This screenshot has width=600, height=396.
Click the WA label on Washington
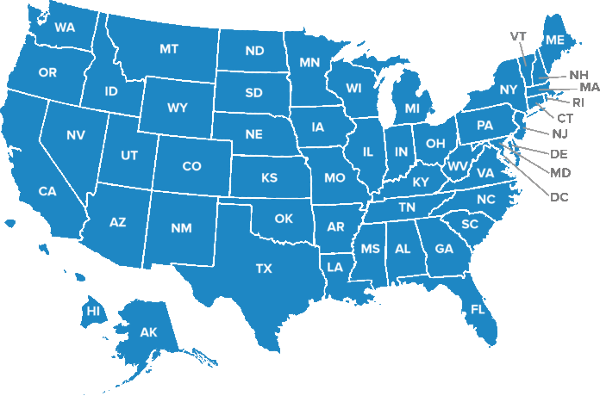click(x=65, y=28)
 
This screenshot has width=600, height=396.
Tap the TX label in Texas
click(x=264, y=269)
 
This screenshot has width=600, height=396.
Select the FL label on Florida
click(x=477, y=307)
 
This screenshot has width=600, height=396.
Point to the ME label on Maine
click(x=555, y=40)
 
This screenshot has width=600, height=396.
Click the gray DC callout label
click(x=559, y=197)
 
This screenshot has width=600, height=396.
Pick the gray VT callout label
click(x=518, y=35)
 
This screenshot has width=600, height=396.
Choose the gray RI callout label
click(x=578, y=102)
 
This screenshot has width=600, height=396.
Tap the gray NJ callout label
click(x=559, y=133)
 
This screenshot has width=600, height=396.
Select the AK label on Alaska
click(x=148, y=331)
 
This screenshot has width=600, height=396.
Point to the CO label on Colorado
click(x=191, y=166)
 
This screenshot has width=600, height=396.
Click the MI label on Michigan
click(x=412, y=108)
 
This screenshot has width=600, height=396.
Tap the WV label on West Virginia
click(x=457, y=164)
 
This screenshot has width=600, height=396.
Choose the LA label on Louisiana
click(x=335, y=267)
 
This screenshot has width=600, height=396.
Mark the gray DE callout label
click(x=559, y=154)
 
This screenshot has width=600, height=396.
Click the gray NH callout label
click(x=579, y=75)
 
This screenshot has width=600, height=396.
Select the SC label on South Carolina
click(x=470, y=224)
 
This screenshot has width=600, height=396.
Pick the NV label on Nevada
click(x=75, y=134)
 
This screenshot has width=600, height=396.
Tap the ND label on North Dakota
click(x=254, y=51)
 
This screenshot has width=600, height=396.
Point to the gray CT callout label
click(x=566, y=117)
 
